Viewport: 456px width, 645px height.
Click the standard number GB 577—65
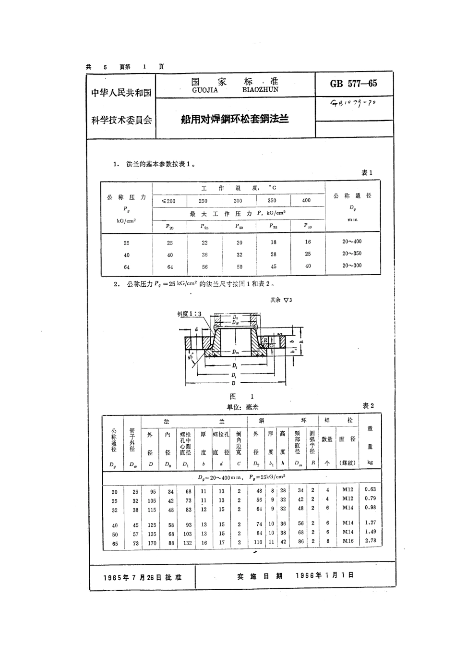353,84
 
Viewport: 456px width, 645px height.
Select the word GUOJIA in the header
205,90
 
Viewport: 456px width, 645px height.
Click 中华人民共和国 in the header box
121,93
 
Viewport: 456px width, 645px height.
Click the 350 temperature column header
272,200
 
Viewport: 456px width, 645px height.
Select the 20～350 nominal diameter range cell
352,254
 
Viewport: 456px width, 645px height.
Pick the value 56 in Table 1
205,267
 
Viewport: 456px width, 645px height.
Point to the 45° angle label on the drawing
192,357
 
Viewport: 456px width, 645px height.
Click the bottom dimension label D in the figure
234,384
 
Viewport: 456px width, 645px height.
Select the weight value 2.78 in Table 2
370,541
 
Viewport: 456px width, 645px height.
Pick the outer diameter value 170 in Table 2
152,543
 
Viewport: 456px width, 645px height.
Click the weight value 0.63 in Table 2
370,489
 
